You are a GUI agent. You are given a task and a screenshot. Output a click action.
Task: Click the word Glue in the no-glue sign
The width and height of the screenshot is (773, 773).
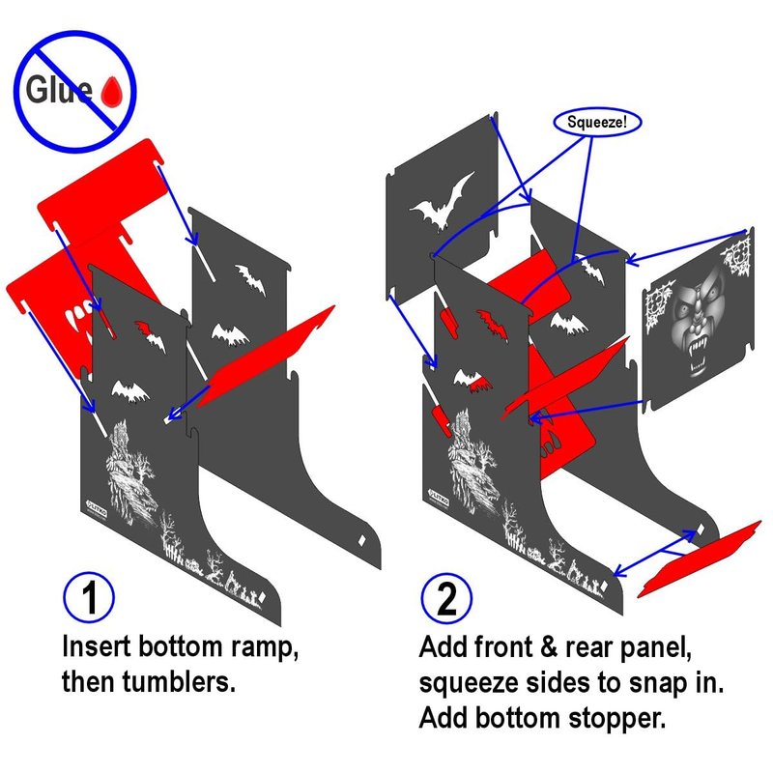[59, 90]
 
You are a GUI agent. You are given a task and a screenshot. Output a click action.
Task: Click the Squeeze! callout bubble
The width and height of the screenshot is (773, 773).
[597, 122]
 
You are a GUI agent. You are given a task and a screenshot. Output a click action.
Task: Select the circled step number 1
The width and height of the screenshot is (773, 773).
[89, 596]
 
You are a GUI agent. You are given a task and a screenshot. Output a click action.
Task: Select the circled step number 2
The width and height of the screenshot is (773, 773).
[446, 598]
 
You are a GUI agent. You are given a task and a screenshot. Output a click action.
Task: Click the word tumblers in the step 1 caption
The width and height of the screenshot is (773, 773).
[179, 682]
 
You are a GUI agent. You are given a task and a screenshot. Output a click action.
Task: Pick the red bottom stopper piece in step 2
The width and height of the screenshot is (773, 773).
[699, 558]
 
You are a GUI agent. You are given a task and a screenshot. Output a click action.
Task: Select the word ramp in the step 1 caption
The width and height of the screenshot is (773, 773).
[265, 648]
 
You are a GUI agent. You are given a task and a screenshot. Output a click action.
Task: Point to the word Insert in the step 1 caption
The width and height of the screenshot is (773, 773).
[96, 646]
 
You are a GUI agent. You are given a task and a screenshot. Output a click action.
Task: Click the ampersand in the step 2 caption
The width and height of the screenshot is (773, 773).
[549, 647]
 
